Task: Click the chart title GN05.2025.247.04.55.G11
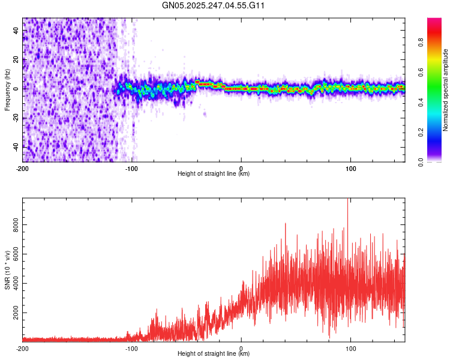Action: coord(214,5)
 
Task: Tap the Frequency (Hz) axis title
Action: coord(8,89)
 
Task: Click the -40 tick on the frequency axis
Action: coord(16,146)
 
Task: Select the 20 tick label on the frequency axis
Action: coord(16,60)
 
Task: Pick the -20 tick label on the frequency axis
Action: coord(16,118)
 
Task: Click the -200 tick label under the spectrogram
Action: coord(23,168)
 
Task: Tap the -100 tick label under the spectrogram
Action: coord(132,168)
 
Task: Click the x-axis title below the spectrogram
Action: coord(214,174)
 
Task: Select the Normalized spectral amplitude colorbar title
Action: coord(446,89)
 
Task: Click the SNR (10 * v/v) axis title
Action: coord(8,269)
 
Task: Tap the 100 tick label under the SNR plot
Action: coord(351,348)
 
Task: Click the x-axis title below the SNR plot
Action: coord(214,354)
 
